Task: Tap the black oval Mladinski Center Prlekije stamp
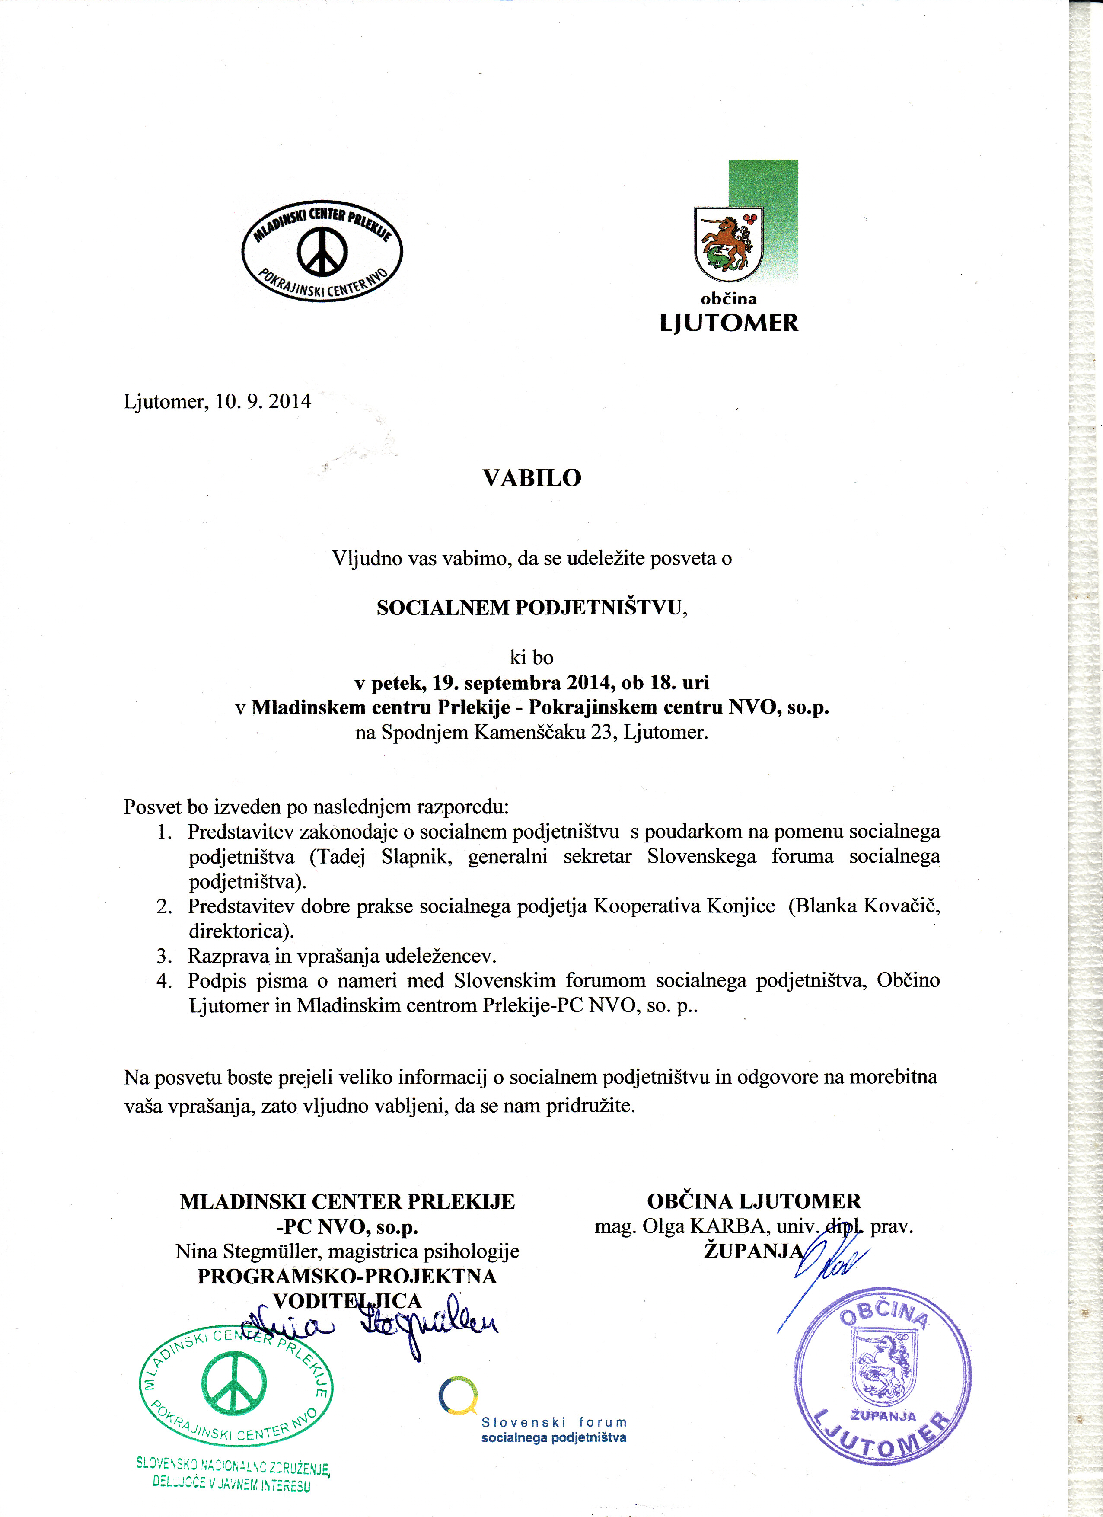(x=322, y=251)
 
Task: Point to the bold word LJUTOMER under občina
(x=729, y=323)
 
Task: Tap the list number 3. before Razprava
(x=164, y=956)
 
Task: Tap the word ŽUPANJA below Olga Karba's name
(x=753, y=1251)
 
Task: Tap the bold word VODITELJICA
(x=347, y=1301)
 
